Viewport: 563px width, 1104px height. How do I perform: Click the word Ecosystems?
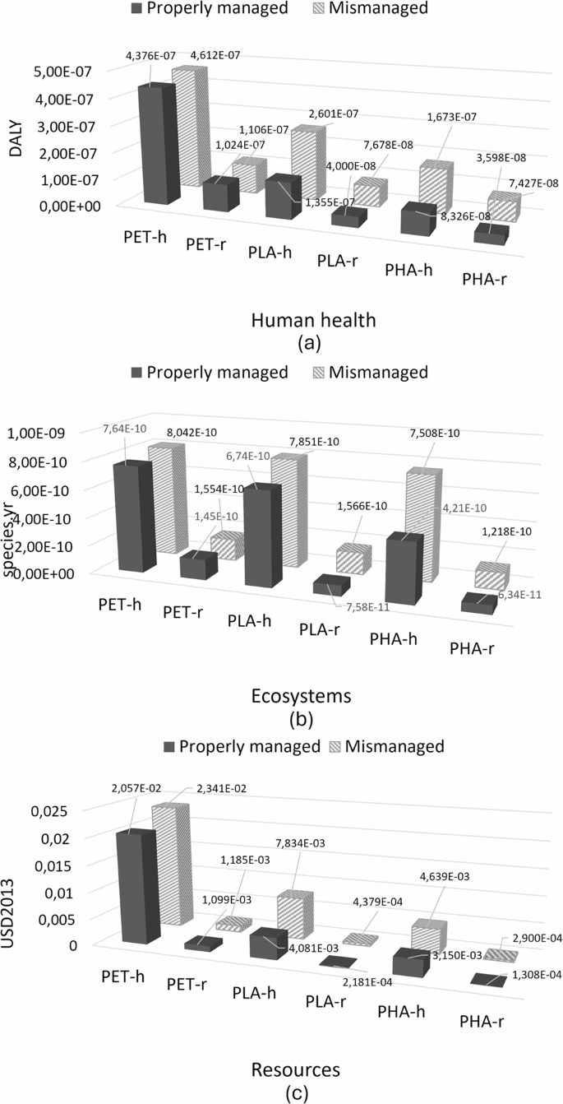pyautogui.click(x=281, y=696)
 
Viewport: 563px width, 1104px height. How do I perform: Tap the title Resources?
pyautogui.click(x=281, y=1069)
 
